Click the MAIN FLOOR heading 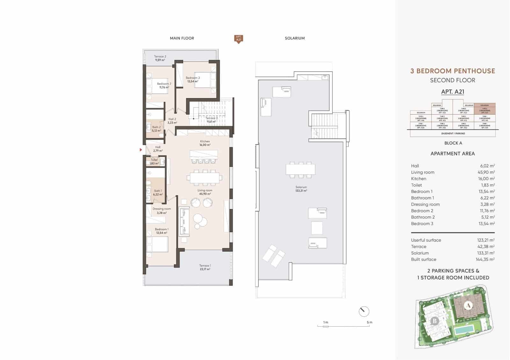(x=182, y=38)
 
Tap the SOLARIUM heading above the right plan (x=295, y=38)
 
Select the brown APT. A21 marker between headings (x=238, y=39)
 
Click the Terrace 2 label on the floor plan (x=160, y=58)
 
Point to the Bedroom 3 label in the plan (x=193, y=79)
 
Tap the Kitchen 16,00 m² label (x=205, y=143)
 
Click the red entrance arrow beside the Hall (x=141, y=149)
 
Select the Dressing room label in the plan (x=162, y=211)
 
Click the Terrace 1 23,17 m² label (x=205, y=267)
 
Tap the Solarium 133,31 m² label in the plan (x=301, y=189)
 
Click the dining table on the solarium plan (x=300, y=169)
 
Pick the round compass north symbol (x=364, y=311)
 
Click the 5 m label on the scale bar (x=369, y=322)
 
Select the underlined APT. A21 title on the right (x=452, y=92)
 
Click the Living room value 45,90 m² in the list (x=486, y=172)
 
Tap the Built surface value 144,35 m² (x=485, y=259)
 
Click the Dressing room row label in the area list (x=425, y=204)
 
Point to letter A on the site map (x=468, y=306)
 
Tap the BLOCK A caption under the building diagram (x=453, y=143)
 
